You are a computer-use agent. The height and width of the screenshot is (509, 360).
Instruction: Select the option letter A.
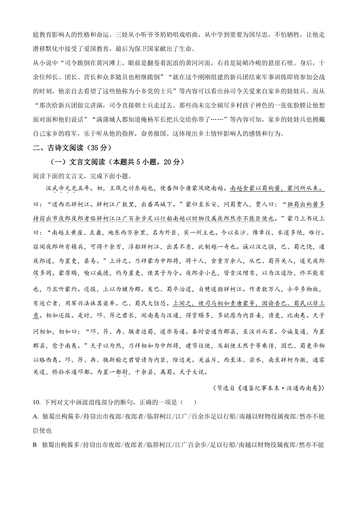(35, 416)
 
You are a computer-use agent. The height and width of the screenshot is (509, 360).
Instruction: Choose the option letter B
(35, 445)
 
